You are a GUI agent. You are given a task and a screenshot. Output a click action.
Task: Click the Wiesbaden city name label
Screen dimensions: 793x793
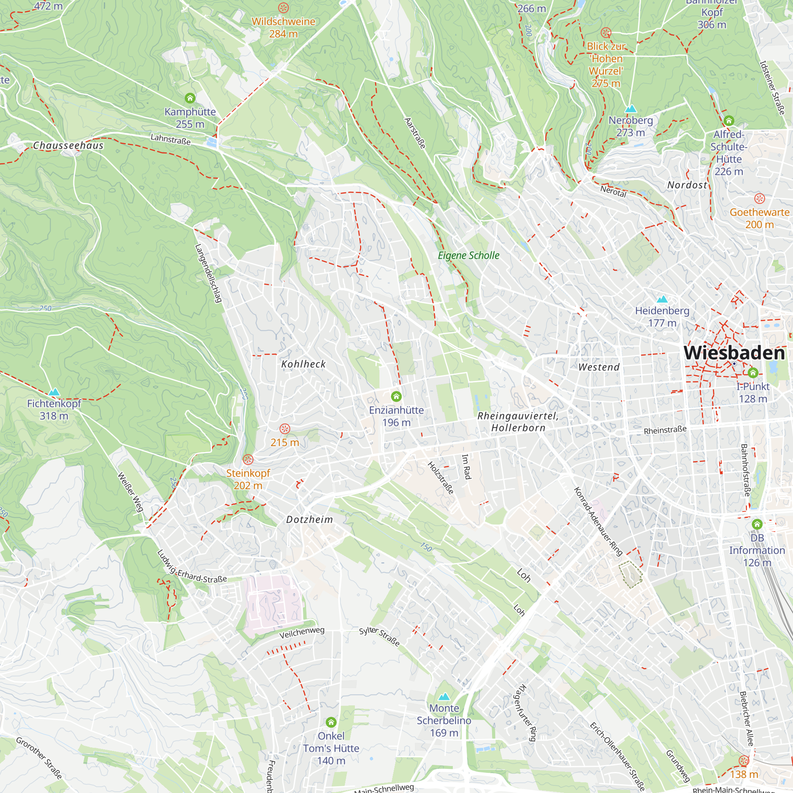pos(734,353)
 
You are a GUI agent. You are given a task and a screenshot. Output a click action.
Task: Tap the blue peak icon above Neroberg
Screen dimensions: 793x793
pos(630,109)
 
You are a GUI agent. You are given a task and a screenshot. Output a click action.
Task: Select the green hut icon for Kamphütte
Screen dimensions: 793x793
pos(190,98)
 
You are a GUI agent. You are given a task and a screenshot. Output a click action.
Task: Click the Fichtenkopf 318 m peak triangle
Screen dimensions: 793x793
pos(54,392)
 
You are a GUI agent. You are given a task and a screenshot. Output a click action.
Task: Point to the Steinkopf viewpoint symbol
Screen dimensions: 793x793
pos(248,459)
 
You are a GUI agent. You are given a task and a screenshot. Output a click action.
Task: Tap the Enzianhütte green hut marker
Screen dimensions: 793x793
pos(396,396)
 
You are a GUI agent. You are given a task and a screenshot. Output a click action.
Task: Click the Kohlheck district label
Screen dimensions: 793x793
pos(303,364)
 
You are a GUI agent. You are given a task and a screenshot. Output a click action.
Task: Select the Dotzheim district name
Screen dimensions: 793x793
pos(310,520)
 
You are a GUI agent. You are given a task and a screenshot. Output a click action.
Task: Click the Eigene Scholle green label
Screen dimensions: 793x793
pos(468,255)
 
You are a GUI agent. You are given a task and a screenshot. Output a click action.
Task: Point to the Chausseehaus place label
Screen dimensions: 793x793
pos(68,145)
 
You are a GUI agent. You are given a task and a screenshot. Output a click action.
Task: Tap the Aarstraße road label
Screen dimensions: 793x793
pos(415,133)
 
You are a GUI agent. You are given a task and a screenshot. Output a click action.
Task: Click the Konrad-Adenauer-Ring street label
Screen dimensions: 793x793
pos(598,521)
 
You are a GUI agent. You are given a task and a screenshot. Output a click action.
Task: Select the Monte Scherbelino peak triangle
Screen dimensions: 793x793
pos(444,697)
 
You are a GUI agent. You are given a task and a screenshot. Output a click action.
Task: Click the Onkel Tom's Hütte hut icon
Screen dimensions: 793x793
pos(331,722)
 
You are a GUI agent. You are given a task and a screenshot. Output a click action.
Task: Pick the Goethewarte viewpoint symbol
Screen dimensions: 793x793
pos(759,199)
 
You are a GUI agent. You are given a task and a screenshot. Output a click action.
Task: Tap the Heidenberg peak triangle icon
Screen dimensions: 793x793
pos(662,299)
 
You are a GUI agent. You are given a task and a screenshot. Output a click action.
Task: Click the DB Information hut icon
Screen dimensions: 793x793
pos(757,524)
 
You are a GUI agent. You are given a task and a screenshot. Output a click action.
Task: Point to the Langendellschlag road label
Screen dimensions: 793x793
pos(208,273)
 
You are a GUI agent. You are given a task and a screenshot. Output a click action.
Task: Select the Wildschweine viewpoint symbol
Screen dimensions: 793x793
pos(283,8)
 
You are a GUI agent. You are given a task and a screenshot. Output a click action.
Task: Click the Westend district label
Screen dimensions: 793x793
pos(599,368)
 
